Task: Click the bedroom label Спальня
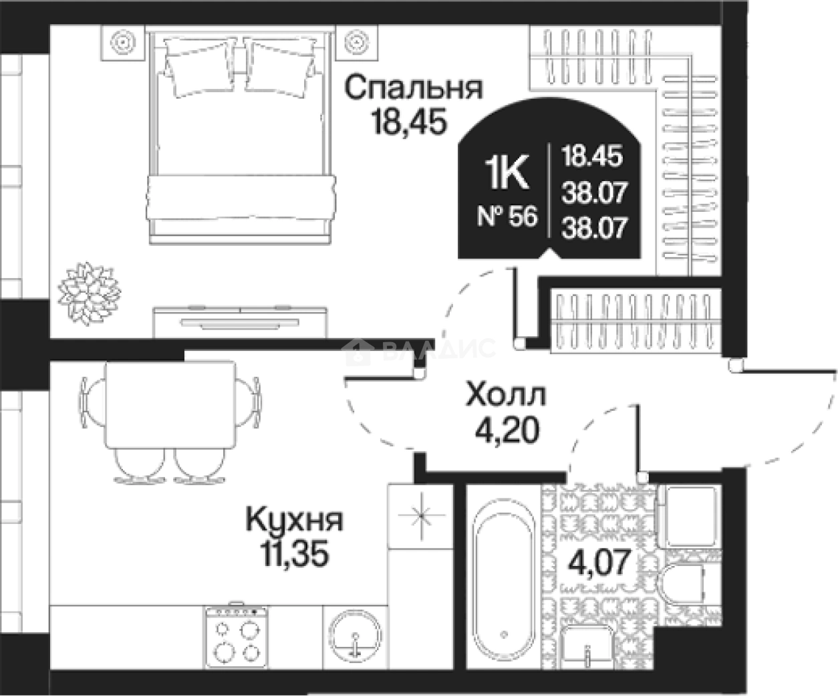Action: pyautogui.click(x=414, y=89)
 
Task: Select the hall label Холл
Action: pyautogui.click(x=505, y=396)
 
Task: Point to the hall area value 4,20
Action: pyautogui.click(x=506, y=431)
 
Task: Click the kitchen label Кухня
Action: pyautogui.click(x=295, y=520)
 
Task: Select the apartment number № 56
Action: pyautogui.click(x=507, y=217)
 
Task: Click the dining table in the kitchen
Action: pyautogui.click(x=170, y=405)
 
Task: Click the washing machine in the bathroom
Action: pyautogui.click(x=688, y=515)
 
